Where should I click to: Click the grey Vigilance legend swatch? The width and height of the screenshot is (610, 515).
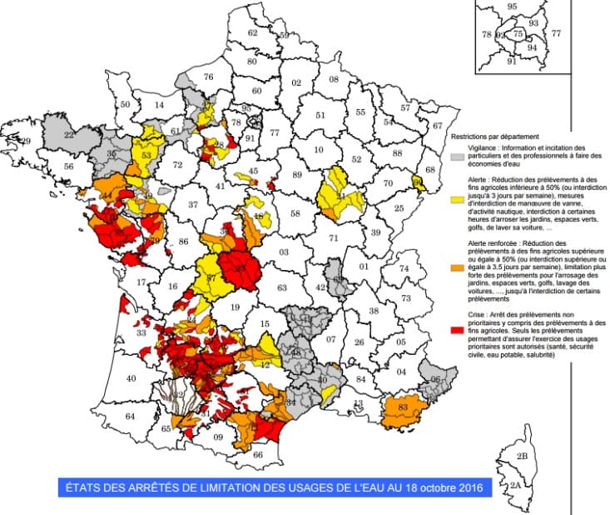pos(456,156)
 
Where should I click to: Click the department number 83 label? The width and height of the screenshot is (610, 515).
pos(404,407)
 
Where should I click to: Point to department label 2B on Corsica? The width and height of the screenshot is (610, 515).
pos(522,457)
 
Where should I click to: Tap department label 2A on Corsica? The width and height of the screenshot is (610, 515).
pos(515,484)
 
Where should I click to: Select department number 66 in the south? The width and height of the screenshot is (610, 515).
pos(258,455)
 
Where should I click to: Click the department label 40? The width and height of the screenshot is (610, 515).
pos(130,379)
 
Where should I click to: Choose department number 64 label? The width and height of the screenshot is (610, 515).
pos(130,416)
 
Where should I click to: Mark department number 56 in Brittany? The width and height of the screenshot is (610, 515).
pos(68,167)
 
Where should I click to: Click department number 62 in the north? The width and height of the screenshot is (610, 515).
pos(253,32)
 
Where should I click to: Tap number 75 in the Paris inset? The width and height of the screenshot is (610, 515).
pos(518,34)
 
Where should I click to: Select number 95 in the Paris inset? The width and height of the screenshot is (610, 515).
pos(512,7)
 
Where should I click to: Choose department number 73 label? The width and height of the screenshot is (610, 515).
pos(406,297)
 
